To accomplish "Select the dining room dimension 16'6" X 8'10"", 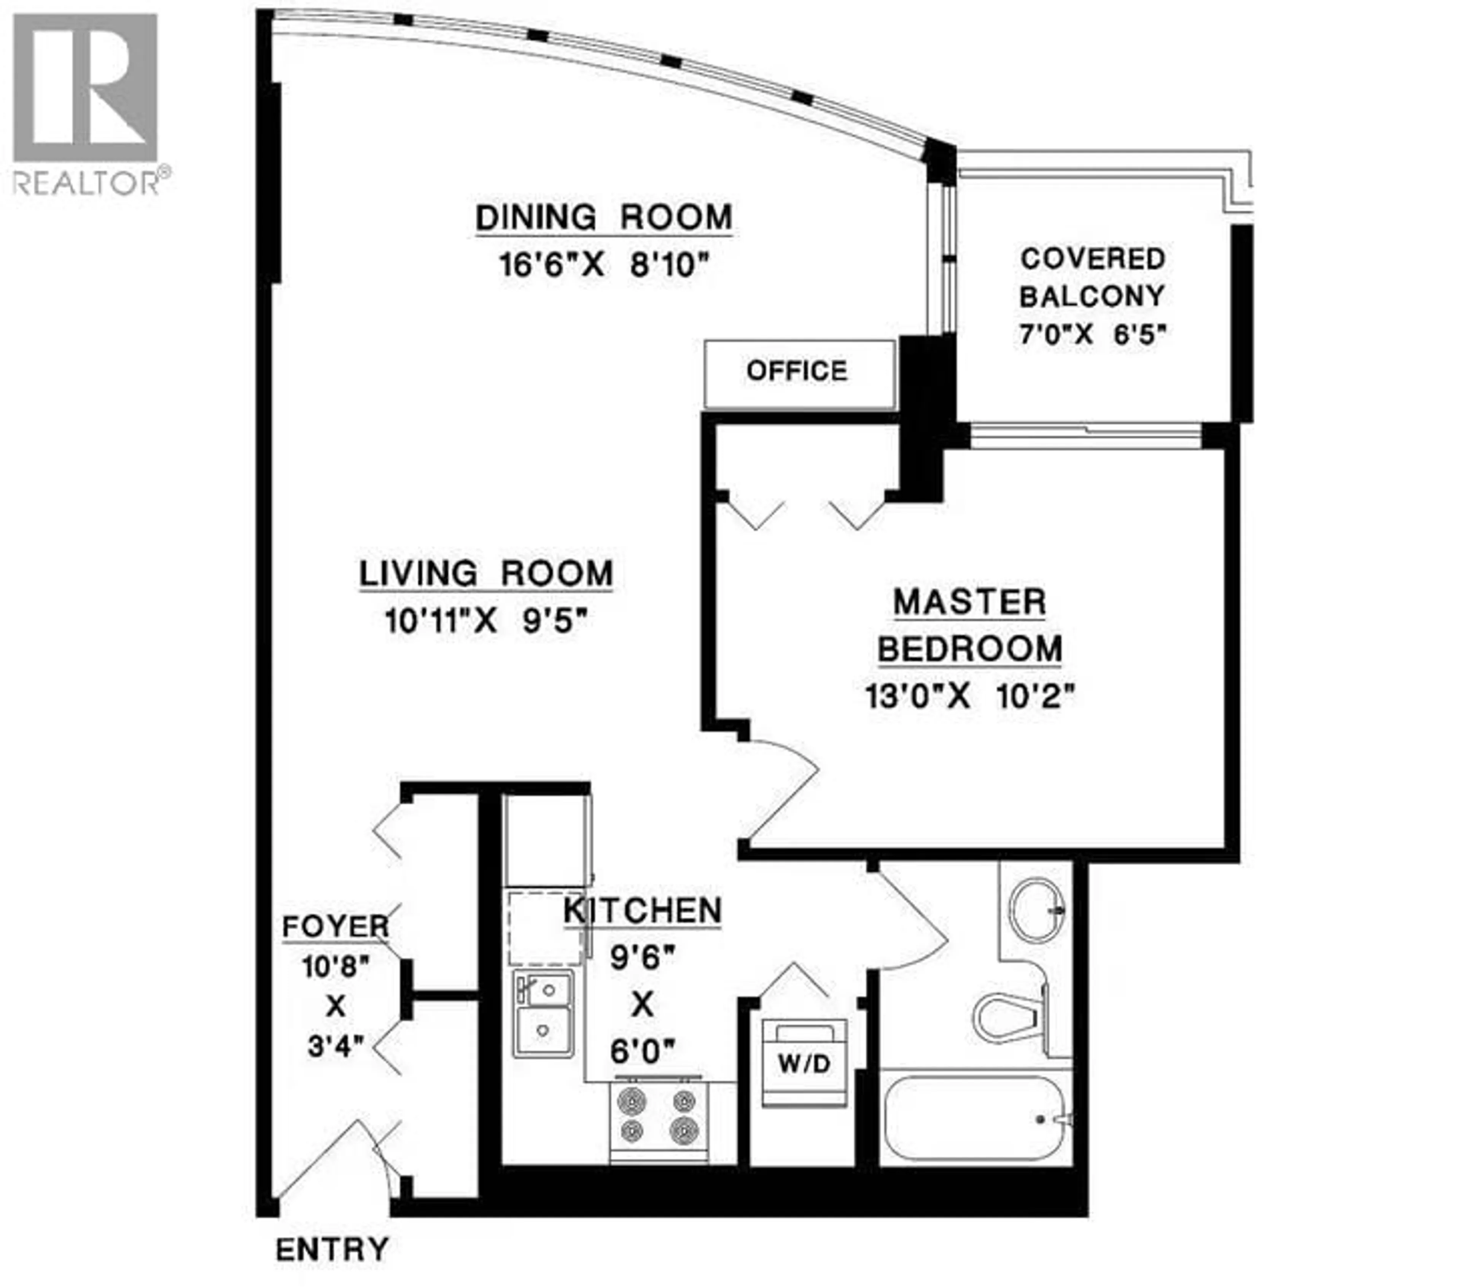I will [x=604, y=265].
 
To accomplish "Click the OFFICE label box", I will [x=798, y=372].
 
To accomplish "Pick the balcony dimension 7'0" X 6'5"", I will [x=1092, y=334].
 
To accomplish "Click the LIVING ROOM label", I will [x=486, y=574].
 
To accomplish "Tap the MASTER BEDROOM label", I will [x=970, y=625].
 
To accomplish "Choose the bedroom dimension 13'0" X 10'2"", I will [x=970, y=695].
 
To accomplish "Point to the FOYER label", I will [x=335, y=927].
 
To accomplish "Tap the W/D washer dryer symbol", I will [x=805, y=1063].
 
